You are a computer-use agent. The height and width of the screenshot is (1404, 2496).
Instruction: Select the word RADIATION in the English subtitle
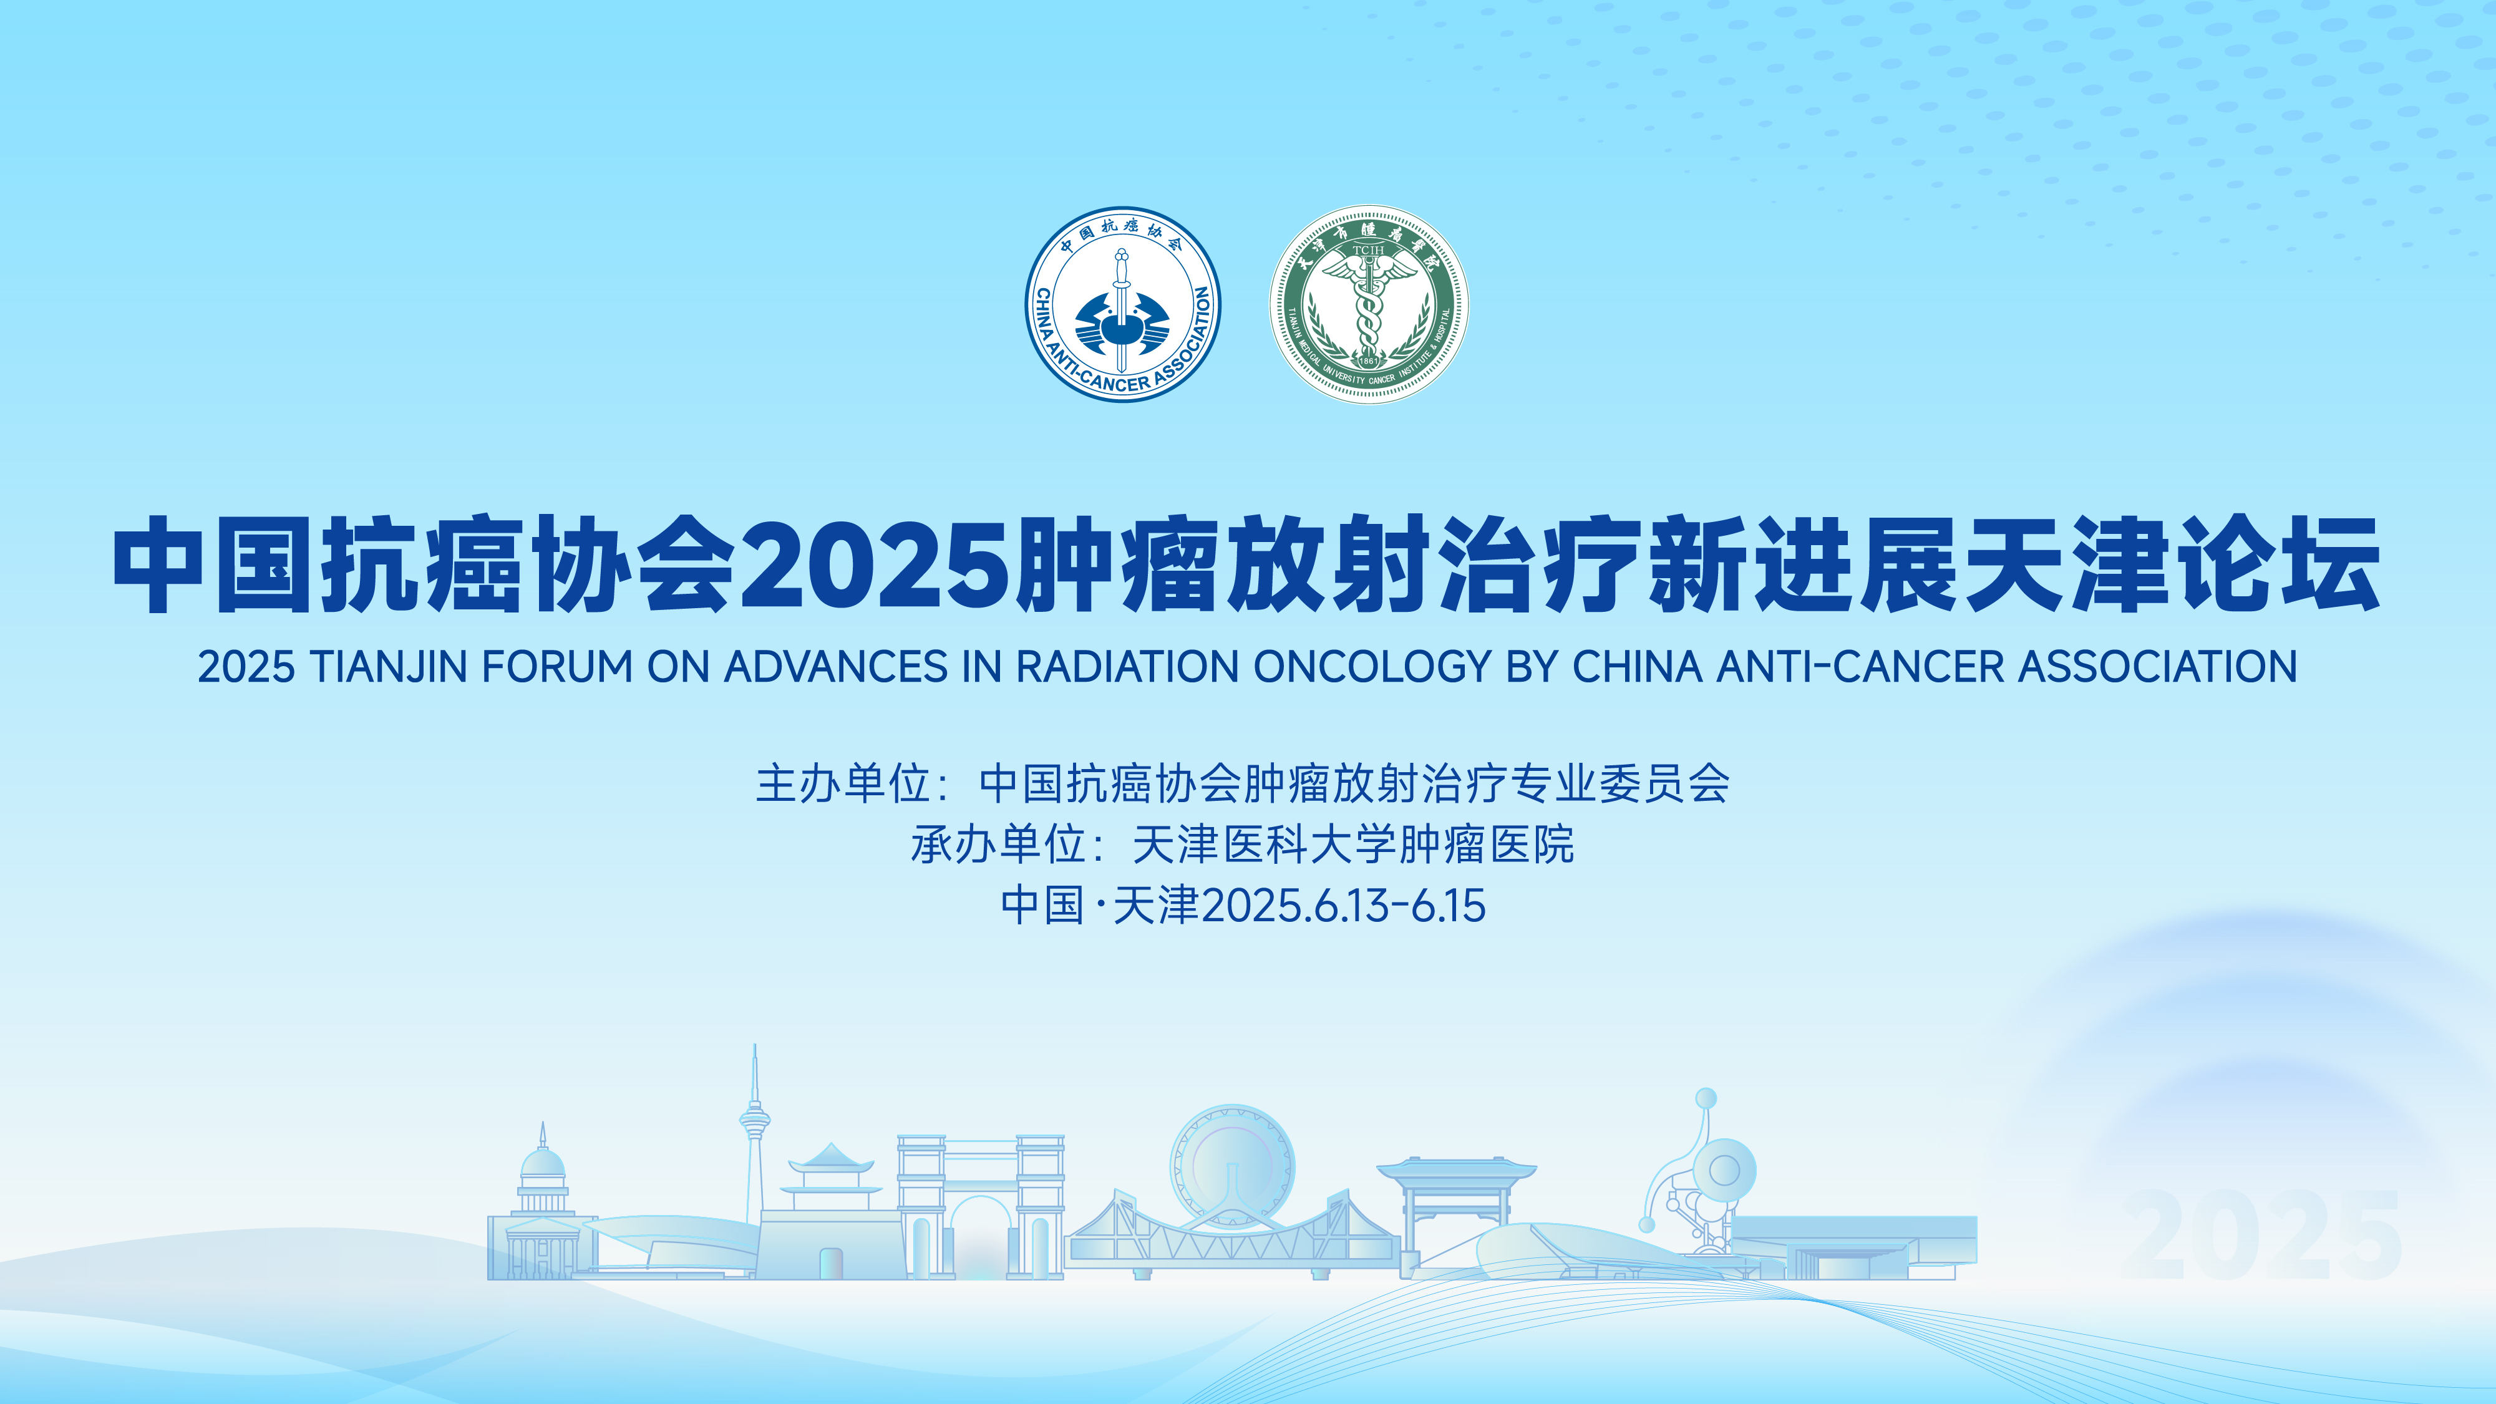(1127, 667)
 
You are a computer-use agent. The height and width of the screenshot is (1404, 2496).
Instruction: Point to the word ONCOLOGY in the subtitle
(1372, 667)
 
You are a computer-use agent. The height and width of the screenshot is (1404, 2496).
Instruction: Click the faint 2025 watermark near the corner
(2263, 1234)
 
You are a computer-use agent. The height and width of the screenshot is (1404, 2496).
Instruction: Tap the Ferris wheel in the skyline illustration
(1231, 1166)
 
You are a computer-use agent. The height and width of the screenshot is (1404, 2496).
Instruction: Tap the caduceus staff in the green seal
(1367, 305)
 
